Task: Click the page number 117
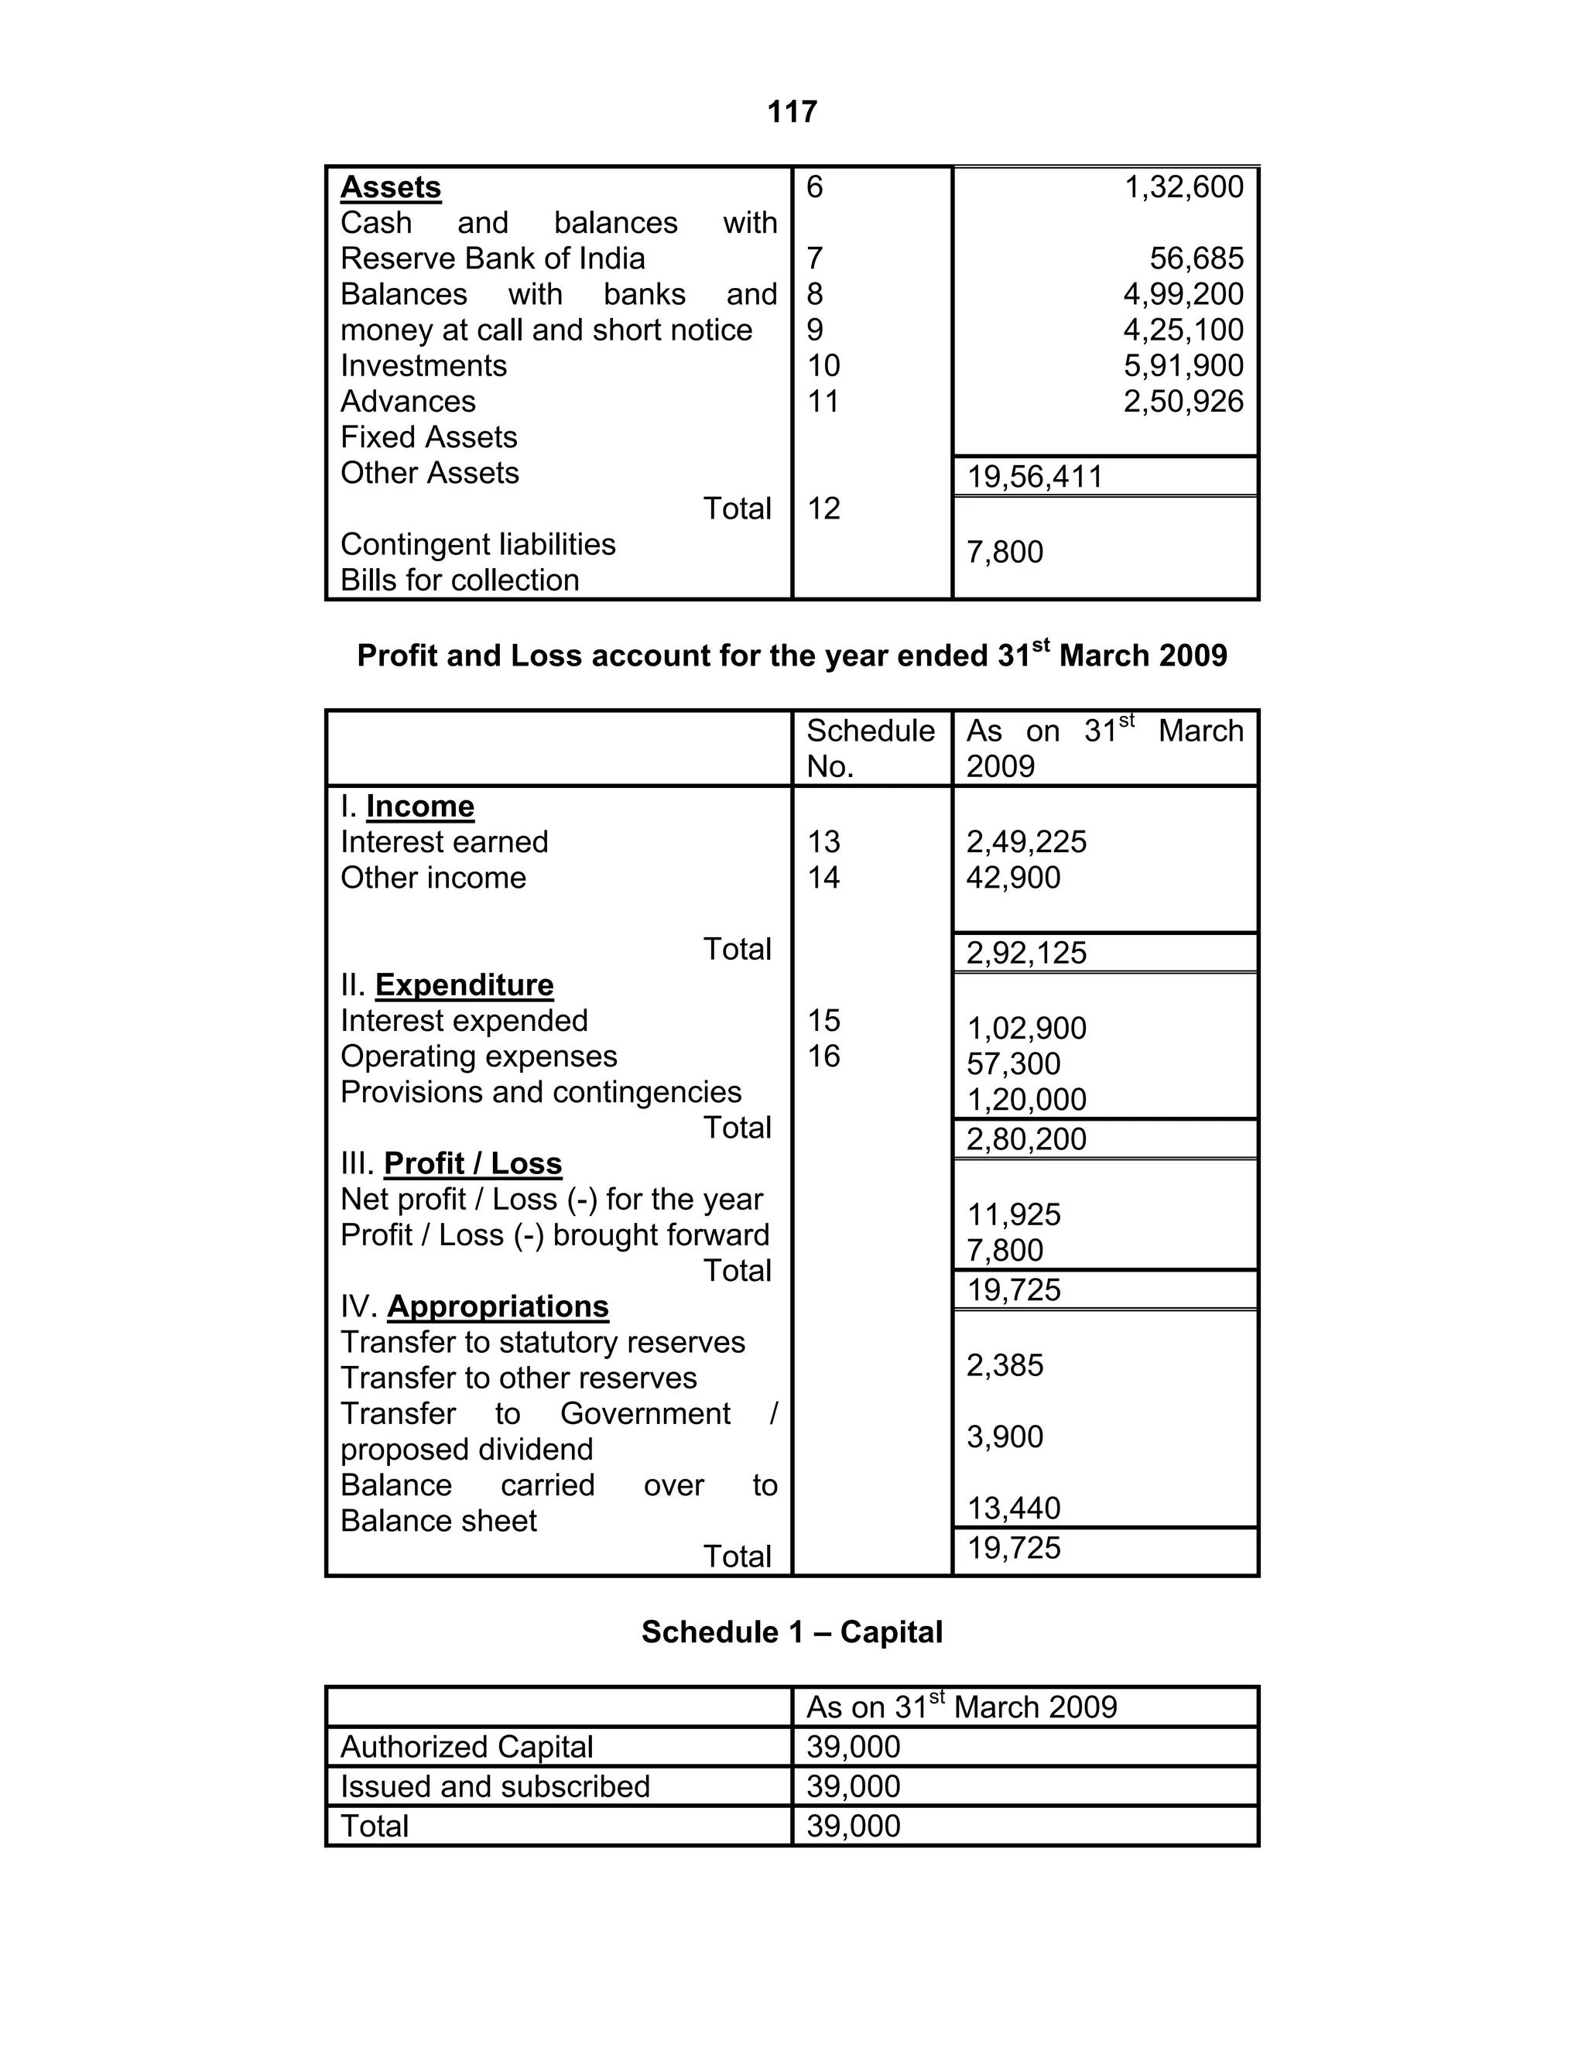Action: (792, 113)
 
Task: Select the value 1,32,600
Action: (1183, 187)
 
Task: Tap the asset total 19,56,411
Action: (1034, 477)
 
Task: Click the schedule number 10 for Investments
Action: (823, 365)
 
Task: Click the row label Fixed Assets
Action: (428, 437)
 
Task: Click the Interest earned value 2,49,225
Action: (1025, 841)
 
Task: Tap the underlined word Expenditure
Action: (464, 985)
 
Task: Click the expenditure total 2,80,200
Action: (1025, 1139)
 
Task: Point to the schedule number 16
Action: (823, 1056)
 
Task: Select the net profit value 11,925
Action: (1013, 1215)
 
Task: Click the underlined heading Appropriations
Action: (497, 1307)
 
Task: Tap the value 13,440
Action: (1013, 1508)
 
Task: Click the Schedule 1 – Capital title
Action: (792, 1632)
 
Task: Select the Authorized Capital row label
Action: (466, 1747)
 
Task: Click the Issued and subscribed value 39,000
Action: (853, 1786)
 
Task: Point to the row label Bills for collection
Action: (459, 580)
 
